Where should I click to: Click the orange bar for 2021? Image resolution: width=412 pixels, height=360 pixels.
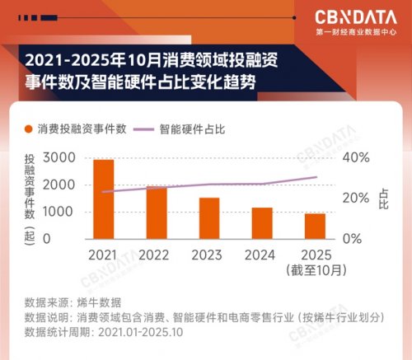coord(103,199)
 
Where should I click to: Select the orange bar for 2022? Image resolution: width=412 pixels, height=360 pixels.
coord(157,213)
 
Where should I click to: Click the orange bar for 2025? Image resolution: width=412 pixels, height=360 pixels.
coord(316,226)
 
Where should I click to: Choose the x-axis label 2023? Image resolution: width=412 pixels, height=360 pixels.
coord(208,255)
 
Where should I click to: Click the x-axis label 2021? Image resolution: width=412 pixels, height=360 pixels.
coord(102,255)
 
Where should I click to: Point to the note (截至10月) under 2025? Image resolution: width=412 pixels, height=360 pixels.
coord(315,269)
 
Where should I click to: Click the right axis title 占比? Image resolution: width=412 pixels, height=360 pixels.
coord(383,198)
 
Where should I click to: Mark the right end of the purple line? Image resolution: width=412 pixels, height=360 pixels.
coord(316,177)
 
